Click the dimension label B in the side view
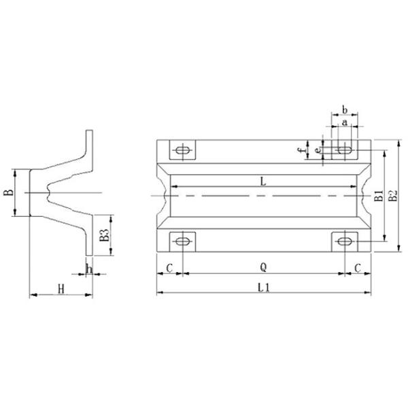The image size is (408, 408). pyautogui.click(x=9, y=192)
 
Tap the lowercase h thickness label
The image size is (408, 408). pyautogui.click(x=89, y=268)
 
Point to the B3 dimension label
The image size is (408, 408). pyautogui.click(x=104, y=235)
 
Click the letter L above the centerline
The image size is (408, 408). pyautogui.click(x=263, y=181)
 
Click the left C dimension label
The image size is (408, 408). pyautogui.click(x=169, y=267)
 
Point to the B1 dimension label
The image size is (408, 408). pyautogui.click(x=379, y=197)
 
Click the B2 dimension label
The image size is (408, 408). pyautogui.click(x=392, y=197)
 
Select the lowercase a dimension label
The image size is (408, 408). pyautogui.click(x=345, y=122)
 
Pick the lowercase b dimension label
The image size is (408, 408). pyautogui.click(x=345, y=109)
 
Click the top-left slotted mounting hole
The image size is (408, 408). pyautogui.click(x=182, y=150)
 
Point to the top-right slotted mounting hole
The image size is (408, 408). pyautogui.click(x=345, y=150)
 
